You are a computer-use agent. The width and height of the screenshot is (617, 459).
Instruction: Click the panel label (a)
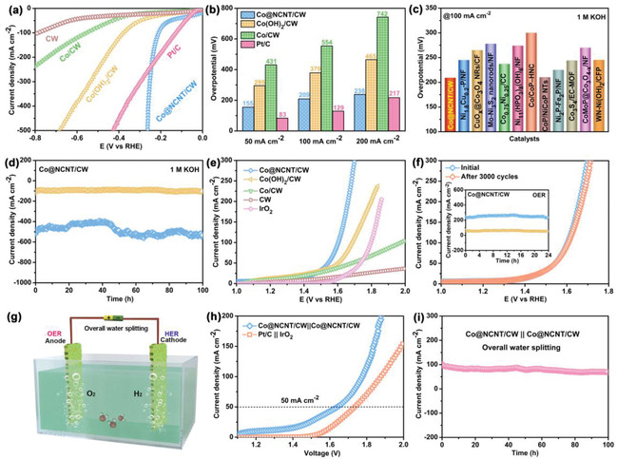pyautogui.click(x=12, y=8)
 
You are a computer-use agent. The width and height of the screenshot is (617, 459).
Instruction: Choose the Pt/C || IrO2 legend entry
pyautogui.click(x=292, y=334)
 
